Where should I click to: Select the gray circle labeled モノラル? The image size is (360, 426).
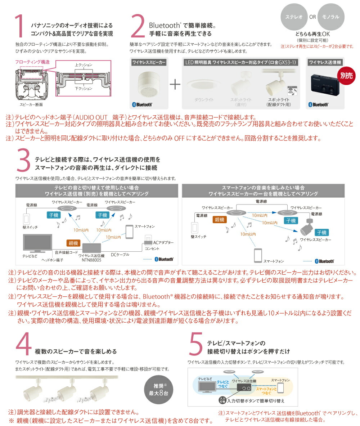(x=331, y=17)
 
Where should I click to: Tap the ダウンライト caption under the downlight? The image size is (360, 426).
(x=204, y=99)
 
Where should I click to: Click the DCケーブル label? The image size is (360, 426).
(x=120, y=254)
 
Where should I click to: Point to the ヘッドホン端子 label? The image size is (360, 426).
(x=53, y=259)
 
